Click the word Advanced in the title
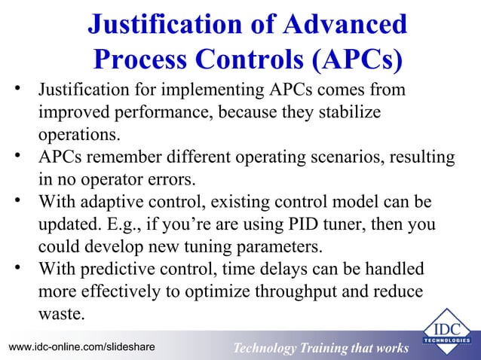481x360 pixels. tap(343, 24)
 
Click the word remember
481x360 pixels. tap(120, 158)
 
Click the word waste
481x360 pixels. tap(60, 313)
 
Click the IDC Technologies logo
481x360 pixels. tap(447, 331)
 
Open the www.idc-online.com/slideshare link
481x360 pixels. tap(81, 346)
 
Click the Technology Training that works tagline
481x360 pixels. tap(320, 348)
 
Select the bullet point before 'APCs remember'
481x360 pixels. tap(20, 157)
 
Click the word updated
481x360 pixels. tap(69, 225)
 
